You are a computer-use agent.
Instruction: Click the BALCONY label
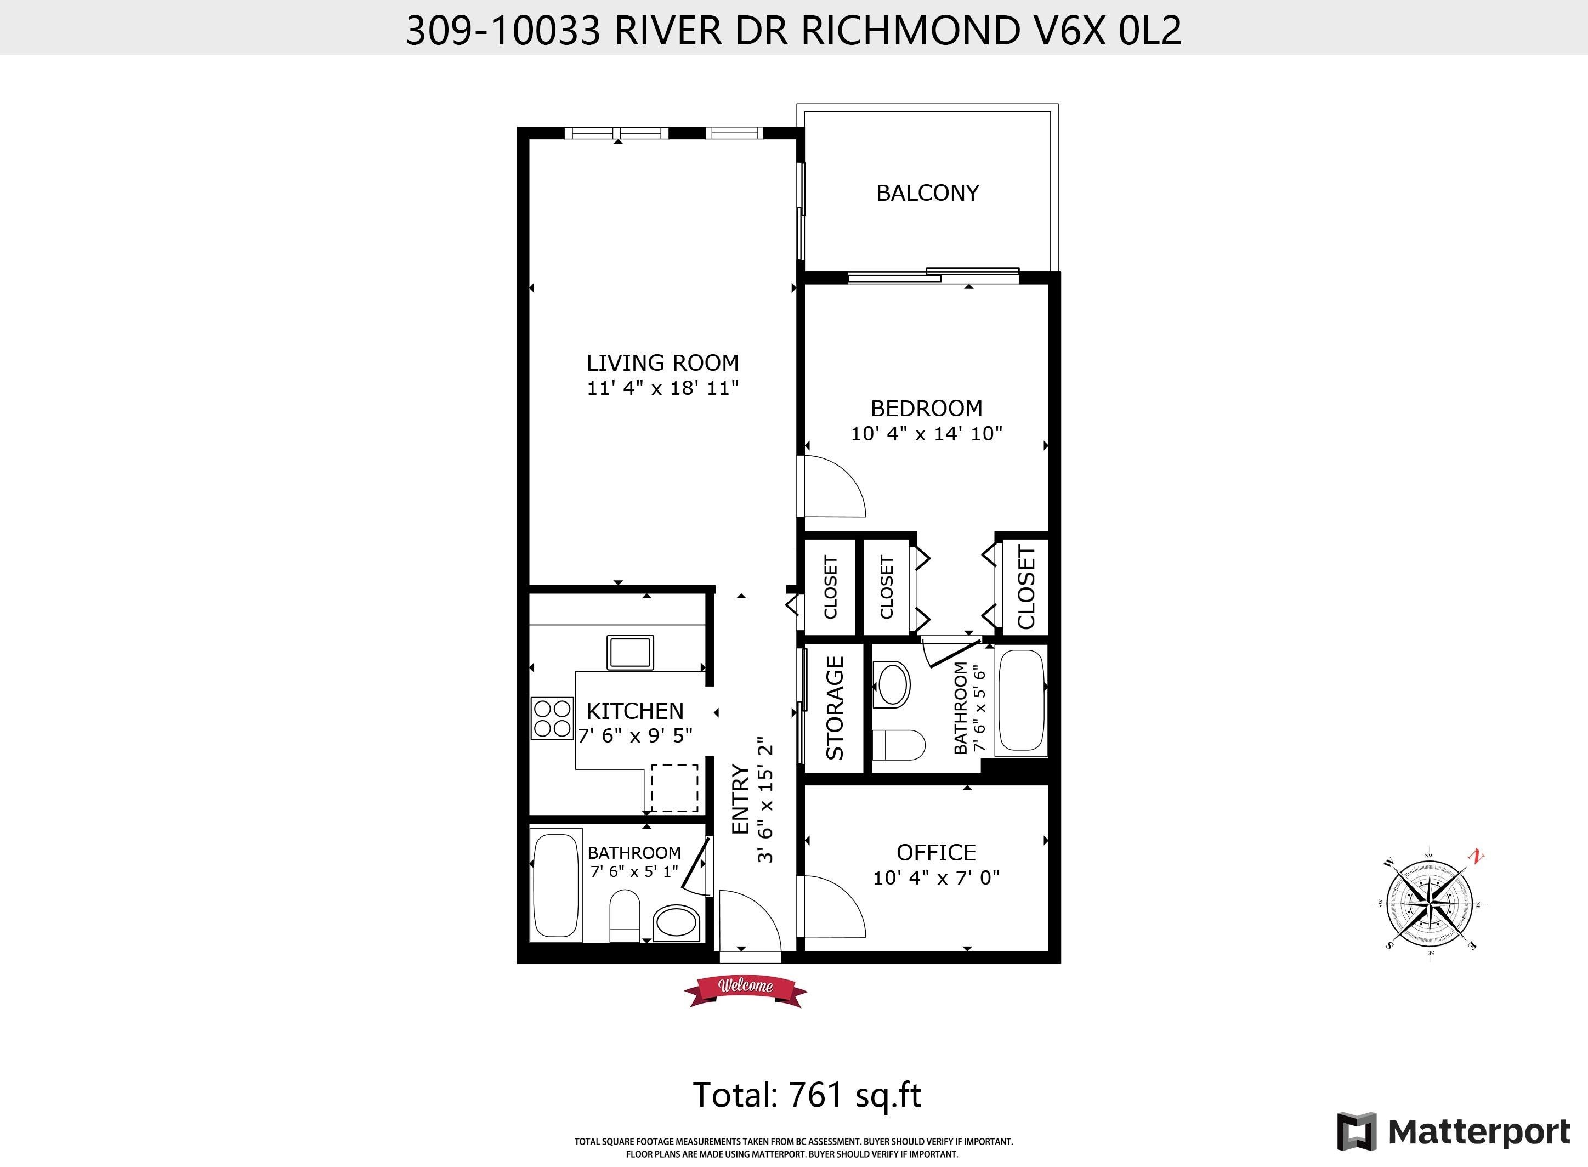click(x=927, y=193)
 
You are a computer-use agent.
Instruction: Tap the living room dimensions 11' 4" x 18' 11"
click(x=662, y=388)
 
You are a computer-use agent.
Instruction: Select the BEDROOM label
click(x=926, y=409)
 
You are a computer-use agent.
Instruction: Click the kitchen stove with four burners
click(x=552, y=718)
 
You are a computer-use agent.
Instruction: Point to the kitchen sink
click(x=630, y=652)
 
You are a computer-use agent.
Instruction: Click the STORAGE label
click(x=835, y=708)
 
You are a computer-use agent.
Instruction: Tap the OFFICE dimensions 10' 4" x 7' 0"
click(x=936, y=878)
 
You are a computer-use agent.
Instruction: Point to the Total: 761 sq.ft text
click(x=807, y=1094)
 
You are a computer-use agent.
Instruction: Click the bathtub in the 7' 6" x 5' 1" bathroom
click(x=557, y=886)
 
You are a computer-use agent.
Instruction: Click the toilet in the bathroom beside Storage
click(x=899, y=745)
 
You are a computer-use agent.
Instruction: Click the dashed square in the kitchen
click(x=674, y=788)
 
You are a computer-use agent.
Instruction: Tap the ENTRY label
click(x=740, y=799)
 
